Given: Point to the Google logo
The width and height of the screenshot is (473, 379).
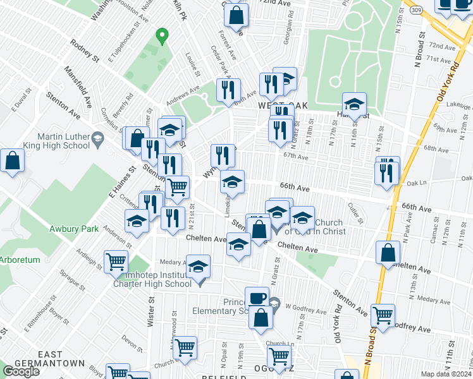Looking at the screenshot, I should point(21,371).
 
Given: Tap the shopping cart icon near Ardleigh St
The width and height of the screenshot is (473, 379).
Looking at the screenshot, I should point(116,262).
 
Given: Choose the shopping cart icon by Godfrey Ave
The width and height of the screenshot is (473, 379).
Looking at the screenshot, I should point(383,314).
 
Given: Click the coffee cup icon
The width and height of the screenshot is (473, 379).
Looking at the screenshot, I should point(257,297).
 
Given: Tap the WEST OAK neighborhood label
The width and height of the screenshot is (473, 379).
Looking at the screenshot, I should point(279,107).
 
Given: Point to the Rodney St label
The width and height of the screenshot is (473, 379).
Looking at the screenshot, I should point(85,51).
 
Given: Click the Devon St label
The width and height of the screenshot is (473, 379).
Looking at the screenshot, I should point(132,343).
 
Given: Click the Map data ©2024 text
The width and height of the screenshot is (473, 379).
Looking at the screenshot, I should point(443,374).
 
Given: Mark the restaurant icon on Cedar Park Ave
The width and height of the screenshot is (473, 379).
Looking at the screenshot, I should point(228,90).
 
